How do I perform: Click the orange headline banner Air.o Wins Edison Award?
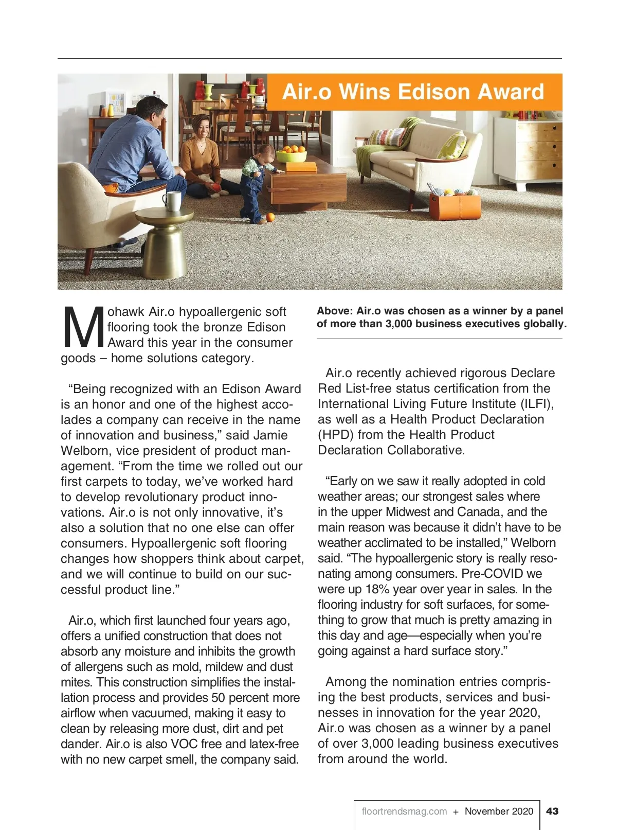tap(414, 92)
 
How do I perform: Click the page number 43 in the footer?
tap(552, 811)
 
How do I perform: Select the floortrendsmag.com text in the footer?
tap(404, 811)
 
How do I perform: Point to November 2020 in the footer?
tap(499, 811)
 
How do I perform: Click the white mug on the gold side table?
tap(172, 201)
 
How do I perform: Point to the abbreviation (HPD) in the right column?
tap(335, 435)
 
